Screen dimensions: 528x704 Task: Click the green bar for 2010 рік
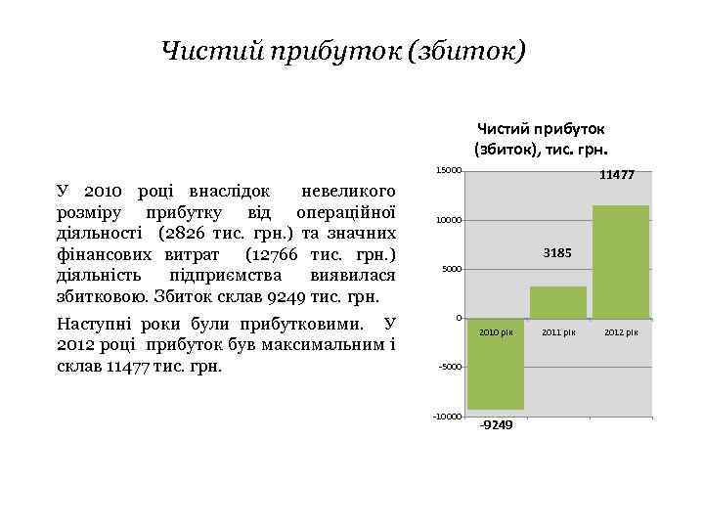click(x=496, y=364)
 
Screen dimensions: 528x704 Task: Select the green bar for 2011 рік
click(x=558, y=302)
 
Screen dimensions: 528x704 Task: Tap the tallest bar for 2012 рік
click(x=621, y=261)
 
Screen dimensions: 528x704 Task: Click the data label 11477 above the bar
click(x=617, y=175)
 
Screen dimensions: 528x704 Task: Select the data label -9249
click(x=496, y=424)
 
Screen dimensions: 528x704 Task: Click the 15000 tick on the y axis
click(x=449, y=171)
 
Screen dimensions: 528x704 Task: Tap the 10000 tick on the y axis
click(x=449, y=220)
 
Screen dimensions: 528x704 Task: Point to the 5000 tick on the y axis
click(x=451, y=269)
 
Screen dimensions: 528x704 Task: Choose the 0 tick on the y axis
click(x=458, y=318)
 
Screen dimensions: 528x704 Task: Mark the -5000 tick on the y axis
click(x=450, y=367)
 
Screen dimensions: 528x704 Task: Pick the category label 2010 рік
click(x=496, y=332)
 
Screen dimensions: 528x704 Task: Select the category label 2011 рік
click(x=558, y=332)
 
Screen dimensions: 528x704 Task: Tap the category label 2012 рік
click(x=621, y=332)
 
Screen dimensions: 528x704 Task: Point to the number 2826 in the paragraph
click(x=190, y=234)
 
